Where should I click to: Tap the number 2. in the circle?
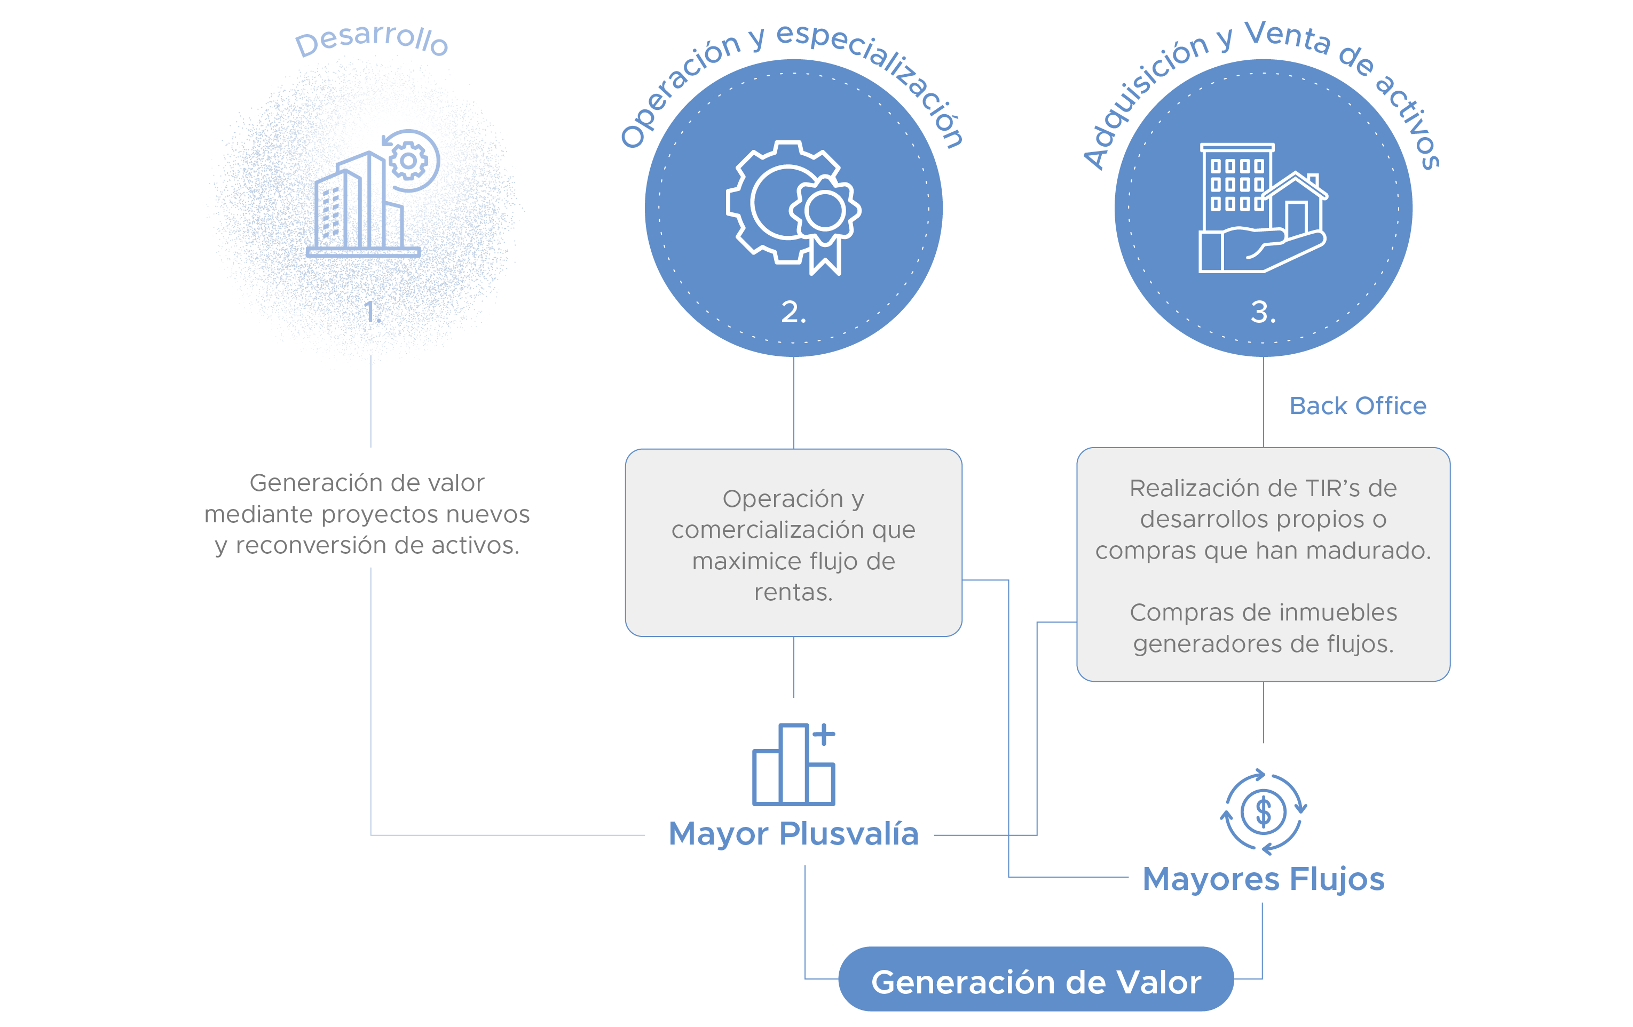tap(793, 312)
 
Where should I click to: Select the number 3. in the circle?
tap(1263, 312)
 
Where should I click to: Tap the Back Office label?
tap(1358, 405)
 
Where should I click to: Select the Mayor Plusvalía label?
tap(793, 833)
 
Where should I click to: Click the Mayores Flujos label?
tap(1263, 879)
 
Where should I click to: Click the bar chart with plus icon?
tap(793, 764)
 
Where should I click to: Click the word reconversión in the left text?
tap(313, 545)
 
